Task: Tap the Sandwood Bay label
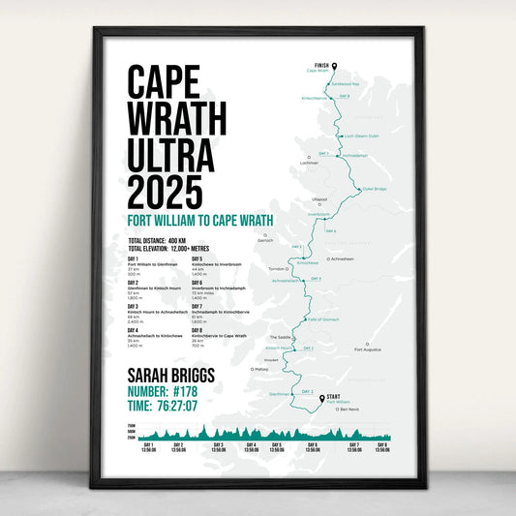pyautogui.click(x=347, y=83)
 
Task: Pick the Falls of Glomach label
pyautogui.click(x=322, y=319)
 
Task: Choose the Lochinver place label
pyautogui.click(x=310, y=163)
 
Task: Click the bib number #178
pyautogui.click(x=199, y=391)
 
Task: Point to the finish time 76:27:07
pyautogui.click(x=198, y=408)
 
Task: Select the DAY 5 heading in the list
pyautogui.click(x=197, y=258)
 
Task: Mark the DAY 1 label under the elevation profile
pyautogui.click(x=148, y=445)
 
